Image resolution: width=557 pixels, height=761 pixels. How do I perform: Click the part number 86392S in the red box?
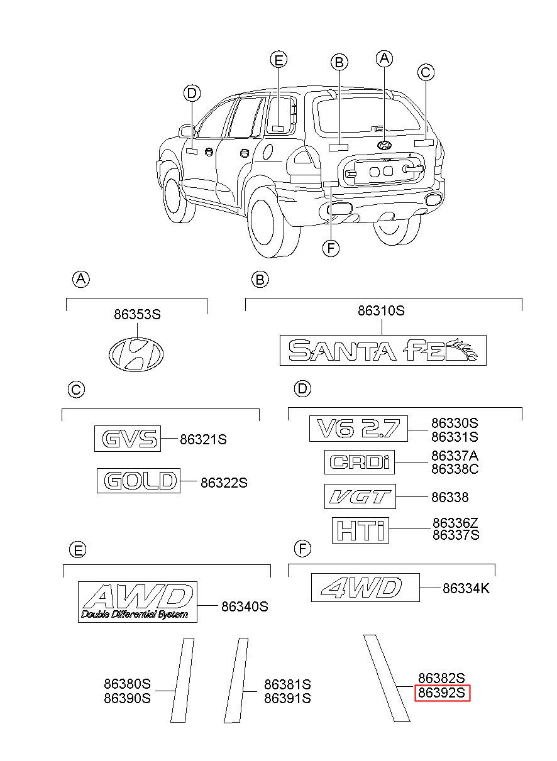coord(441,693)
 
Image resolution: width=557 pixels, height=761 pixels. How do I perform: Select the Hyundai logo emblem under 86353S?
coord(136,354)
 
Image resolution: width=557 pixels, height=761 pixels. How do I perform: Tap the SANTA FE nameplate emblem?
coord(383,350)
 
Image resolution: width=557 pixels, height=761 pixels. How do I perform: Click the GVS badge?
coord(128,439)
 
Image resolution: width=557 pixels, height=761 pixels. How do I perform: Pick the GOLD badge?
coord(138,481)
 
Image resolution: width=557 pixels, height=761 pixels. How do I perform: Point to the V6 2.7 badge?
coord(358,429)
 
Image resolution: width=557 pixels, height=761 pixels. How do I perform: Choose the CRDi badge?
coord(360,462)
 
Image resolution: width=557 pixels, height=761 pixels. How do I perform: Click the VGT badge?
coord(360,496)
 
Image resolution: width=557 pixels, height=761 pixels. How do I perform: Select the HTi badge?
coord(360,530)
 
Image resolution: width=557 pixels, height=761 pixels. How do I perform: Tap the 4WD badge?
coord(365,588)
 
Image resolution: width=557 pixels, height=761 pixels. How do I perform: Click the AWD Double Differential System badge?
coord(138,601)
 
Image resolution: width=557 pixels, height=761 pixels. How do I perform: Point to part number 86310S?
coord(381,310)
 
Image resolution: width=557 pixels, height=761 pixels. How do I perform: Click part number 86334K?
coord(466,588)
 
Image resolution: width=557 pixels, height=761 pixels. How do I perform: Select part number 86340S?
coord(245,606)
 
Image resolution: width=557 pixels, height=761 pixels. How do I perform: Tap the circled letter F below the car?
coord(331,249)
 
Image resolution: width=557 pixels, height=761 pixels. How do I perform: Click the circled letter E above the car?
coord(278,60)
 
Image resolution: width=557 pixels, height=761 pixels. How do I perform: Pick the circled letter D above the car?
coord(192,93)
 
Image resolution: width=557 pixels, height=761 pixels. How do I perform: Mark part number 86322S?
coord(224,483)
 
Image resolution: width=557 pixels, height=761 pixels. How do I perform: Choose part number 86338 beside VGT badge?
coord(450,497)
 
